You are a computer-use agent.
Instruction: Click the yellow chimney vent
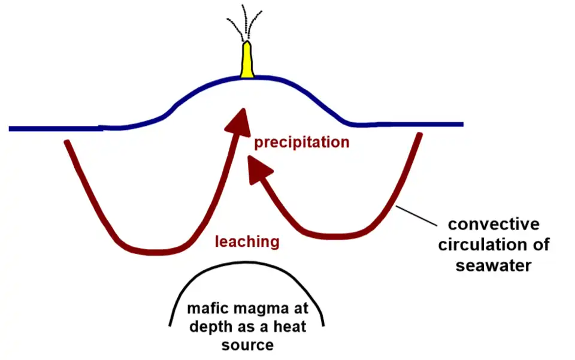point(247,61)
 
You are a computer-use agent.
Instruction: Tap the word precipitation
point(301,143)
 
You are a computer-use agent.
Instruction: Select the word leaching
point(247,242)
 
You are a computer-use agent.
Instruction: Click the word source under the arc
point(247,344)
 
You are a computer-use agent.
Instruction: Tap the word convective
point(494,225)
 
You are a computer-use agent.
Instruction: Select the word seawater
point(494,265)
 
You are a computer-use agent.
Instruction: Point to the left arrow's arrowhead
point(238,119)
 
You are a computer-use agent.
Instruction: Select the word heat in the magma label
point(290,327)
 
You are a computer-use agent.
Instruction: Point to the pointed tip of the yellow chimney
point(247,43)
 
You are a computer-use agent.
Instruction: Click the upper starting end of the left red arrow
point(66,143)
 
